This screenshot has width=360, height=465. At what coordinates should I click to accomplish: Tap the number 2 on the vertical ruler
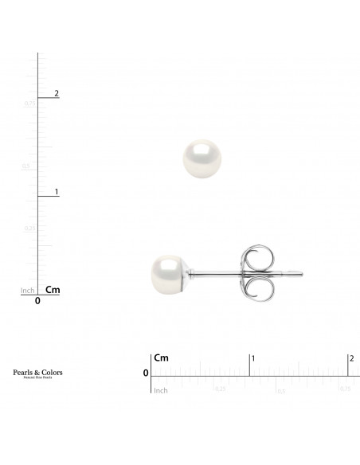tap(57, 94)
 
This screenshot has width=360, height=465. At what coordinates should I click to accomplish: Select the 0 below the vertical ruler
tap(38, 302)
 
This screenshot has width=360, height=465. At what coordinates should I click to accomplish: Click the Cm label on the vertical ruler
tap(53, 290)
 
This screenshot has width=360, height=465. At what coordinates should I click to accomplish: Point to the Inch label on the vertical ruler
tap(27, 291)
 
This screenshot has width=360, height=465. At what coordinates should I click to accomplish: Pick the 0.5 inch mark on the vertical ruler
tap(27, 166)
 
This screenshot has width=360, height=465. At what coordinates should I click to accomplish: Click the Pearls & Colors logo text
tap(38, 373)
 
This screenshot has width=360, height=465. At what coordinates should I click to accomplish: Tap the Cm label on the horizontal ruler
tap(162, 358)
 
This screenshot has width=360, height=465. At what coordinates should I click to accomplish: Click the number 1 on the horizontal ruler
tap(253, 359)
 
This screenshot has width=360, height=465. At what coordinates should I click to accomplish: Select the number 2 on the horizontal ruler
tap(351, 359)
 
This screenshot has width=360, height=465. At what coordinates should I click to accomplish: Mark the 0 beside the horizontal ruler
tap(146, 373)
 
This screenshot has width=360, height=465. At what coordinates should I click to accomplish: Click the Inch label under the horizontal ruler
tap(161, 390)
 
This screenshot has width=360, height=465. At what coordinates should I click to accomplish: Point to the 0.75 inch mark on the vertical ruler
tap(29, 104)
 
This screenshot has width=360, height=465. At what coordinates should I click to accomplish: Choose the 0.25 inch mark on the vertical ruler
tap(29, 229)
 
